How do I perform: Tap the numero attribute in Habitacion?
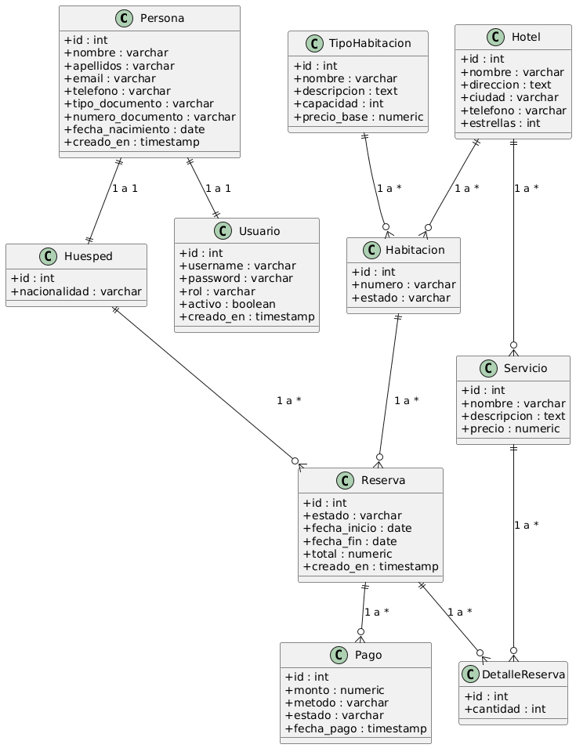pos(403,284)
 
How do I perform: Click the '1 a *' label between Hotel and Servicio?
pos(531,188)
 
